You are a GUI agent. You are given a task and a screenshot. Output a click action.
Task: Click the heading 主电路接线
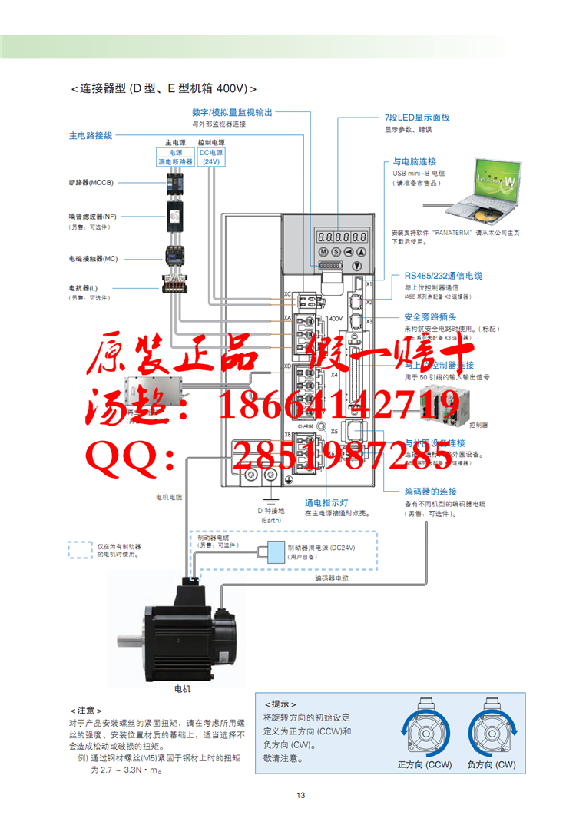(x=90, y=135)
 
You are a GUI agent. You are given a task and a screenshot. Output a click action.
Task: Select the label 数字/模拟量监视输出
(x=232, y=112)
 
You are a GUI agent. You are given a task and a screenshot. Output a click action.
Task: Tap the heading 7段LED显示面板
(x=416, y=118)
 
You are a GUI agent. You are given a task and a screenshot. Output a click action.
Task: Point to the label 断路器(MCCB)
(x=91, y=183)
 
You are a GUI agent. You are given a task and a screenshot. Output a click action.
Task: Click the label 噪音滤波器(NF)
(x=92, y=217)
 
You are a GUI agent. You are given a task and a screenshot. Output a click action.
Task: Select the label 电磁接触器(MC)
(x=93, y=259)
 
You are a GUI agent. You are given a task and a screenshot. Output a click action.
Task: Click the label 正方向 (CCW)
(x=424, y=765)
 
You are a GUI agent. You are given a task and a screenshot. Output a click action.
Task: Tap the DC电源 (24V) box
(x=210, y=157)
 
